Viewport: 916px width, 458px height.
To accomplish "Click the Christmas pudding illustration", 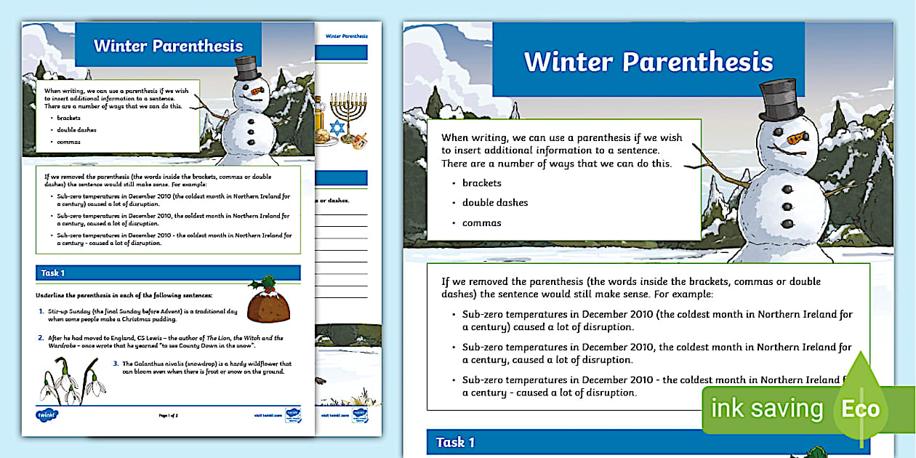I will [268, 301].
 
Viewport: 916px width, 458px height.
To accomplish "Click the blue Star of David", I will [336, 127].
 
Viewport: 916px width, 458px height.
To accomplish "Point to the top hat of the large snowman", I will [781, 101].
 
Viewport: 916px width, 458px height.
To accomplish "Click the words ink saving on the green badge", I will [767, 409].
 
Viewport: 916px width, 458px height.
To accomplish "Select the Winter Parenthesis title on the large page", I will [648, 62].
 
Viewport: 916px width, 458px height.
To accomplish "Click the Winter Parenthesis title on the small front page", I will [168, 46].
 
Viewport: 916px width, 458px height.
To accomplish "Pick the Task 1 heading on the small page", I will [53, 273].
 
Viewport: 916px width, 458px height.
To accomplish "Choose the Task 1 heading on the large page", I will [455, 442].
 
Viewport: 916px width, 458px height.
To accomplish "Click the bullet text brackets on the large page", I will [481, 183].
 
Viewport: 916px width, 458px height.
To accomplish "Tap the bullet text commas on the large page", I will [481, 223].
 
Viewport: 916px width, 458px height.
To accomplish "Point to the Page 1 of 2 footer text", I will [168, 415].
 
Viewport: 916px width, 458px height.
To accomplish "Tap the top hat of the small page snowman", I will [248, 68].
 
